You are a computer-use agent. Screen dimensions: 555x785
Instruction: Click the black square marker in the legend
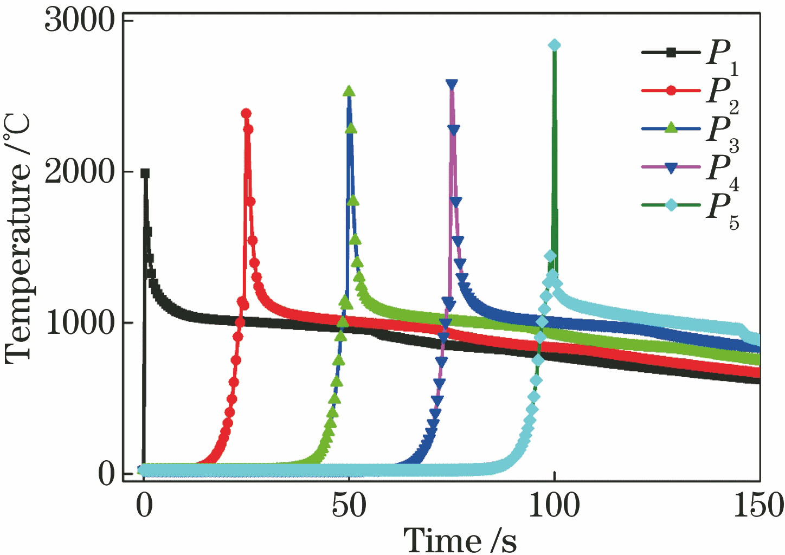671,53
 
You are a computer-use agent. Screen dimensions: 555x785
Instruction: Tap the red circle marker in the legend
671,91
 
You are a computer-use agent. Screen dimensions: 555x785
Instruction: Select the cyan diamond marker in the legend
671,205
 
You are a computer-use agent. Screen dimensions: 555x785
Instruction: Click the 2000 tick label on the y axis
80,172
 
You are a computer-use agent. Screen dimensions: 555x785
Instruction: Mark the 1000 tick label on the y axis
80,323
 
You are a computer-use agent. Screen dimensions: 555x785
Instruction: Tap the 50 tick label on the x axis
349,506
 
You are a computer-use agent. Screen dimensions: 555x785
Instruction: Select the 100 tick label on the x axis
554,506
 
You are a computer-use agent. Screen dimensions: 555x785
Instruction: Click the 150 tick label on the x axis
758,506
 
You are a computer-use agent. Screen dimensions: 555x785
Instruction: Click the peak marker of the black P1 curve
145,173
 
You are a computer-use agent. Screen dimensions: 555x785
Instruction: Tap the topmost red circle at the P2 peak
246,113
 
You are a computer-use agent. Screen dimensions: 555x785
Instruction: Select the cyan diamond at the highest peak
554,45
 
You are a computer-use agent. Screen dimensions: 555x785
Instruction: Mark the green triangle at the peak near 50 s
349,91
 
